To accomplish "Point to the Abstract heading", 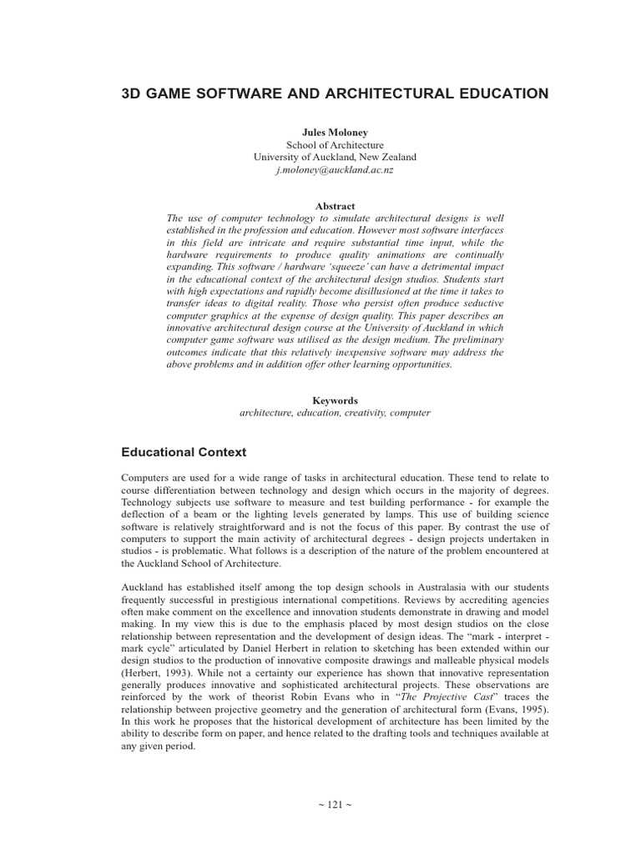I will pyautogui.click(x=335, y=206).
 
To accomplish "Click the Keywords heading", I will pyautogui.click(x=335, y=400).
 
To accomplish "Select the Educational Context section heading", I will pyautogui.click(x=184, y=452).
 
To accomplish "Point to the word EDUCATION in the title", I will pyautogui.click(x=497, y=93).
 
